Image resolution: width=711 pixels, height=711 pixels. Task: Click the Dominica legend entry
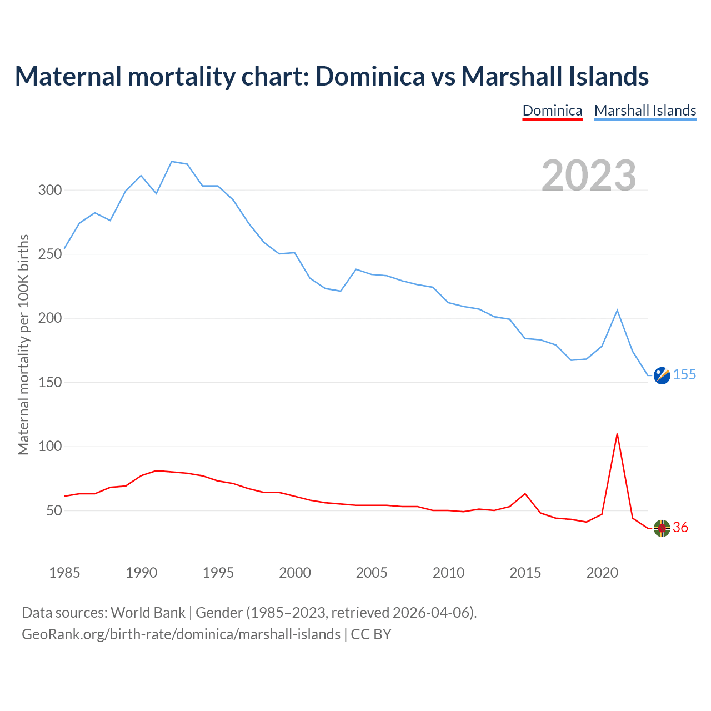click(552, 111)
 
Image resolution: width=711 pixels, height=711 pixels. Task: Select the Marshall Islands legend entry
click(645, 111)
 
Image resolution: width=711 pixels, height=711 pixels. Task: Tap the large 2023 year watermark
click(589, 175)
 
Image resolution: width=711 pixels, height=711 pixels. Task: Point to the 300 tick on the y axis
click(49, 191)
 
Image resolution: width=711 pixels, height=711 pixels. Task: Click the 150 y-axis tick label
click(49, 383)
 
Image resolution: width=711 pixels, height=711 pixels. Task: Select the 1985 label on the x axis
click(64, 573)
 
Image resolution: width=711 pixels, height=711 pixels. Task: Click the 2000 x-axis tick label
click(295, 573)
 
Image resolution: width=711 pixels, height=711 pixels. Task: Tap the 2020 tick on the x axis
click(602, 573)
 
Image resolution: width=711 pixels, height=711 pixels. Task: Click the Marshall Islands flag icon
click(662, 375)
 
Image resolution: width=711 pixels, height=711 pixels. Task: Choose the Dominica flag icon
click(662, 528)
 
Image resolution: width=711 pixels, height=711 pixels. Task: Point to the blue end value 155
click(684, 375)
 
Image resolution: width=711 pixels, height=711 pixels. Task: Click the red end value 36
click(680, 528)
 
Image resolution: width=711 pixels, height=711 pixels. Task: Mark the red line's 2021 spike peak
click(617, 434)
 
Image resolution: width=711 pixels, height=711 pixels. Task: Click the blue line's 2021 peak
click(617, 310)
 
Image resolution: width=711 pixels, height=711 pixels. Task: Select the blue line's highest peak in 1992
click(172, 162)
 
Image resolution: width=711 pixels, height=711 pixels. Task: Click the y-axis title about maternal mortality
click(23, 344)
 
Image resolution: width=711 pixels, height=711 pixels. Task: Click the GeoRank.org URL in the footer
click(181, 634)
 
